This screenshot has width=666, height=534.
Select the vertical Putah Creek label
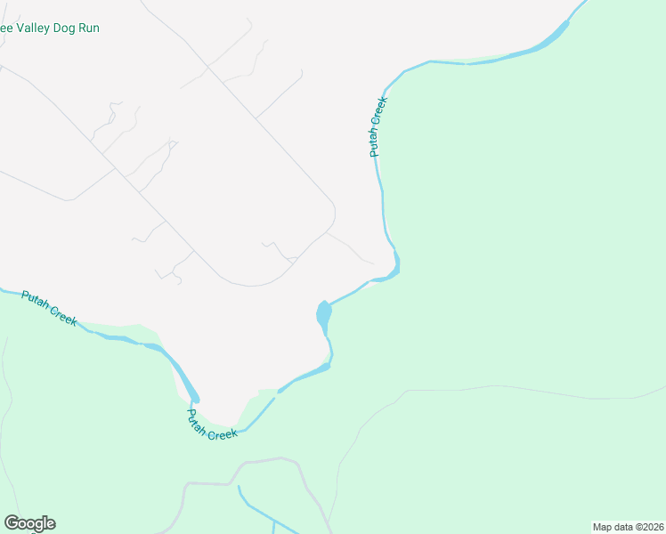click(379, 127)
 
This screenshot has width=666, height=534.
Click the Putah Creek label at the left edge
click(50, 308)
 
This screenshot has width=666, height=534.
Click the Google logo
click(29, 523)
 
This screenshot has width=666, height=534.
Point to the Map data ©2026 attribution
click(628, 527)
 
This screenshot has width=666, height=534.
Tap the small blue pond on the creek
click(323, 313)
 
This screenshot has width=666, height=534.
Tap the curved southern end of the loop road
click(251, 286)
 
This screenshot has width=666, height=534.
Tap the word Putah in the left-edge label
click(37, 300)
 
